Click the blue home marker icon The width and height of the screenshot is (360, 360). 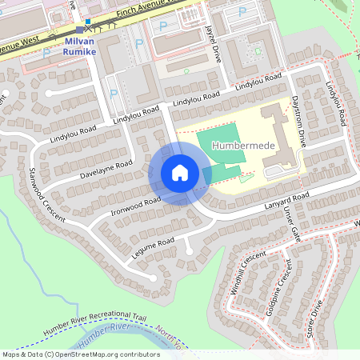coord(180,173)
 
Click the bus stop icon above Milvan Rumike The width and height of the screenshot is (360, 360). coord(87,26)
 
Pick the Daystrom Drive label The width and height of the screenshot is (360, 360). coord(298,124)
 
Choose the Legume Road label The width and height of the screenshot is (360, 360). coord(154,247)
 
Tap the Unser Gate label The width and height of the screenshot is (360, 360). coord(290,225)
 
